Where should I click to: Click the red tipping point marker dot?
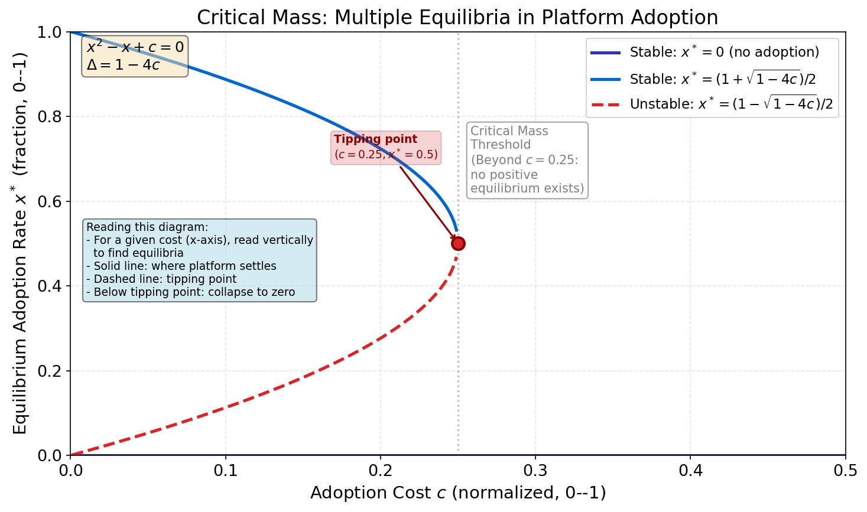click(x=458, y=243)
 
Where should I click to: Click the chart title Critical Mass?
click(x=457, y=17)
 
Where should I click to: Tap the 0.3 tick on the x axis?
click(x=535, y=471)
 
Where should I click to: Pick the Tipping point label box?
click(x=385, y=148)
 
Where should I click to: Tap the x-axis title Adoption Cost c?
click(x=457, y=493)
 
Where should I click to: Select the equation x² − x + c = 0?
click(x=135, y=47)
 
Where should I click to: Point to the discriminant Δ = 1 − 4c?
click(x=123, y=65)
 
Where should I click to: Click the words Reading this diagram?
click(x=147, y=227)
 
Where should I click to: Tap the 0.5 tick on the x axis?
click(x=845, y=471)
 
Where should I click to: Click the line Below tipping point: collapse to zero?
click(x=194, y=292)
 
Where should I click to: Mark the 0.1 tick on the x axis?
click(x=225, y=471)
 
